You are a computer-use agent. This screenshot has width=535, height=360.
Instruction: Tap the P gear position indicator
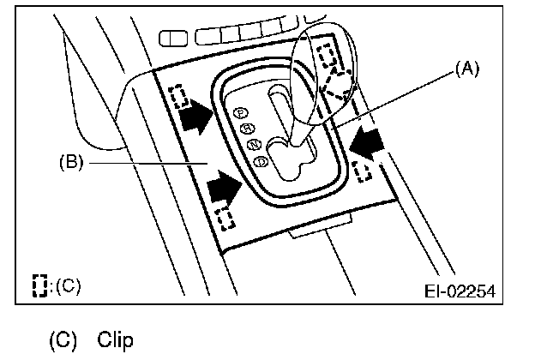coord(241,112)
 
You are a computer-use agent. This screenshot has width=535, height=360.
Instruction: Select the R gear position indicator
coord(249,129)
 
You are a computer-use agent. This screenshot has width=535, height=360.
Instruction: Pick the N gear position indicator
coord(255,144)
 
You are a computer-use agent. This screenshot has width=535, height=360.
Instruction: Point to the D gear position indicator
coord(261,159)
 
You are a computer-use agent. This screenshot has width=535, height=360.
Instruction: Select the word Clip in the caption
coord(116,339)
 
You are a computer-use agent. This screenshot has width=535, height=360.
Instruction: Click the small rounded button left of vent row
coord(175,38)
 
